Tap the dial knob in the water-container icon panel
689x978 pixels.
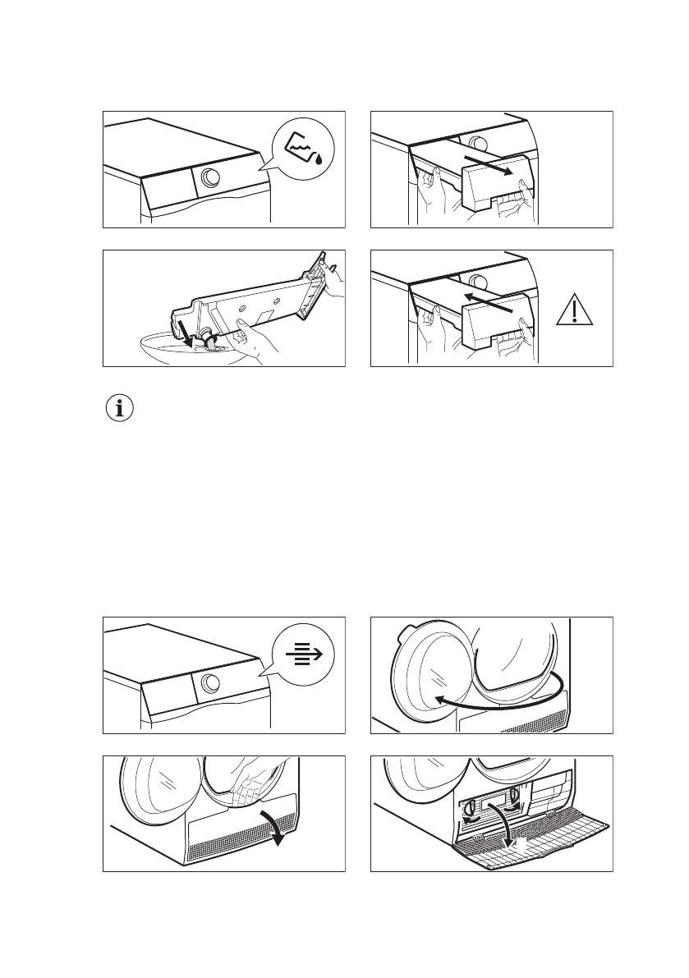210,177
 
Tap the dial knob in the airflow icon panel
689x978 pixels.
210,683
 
